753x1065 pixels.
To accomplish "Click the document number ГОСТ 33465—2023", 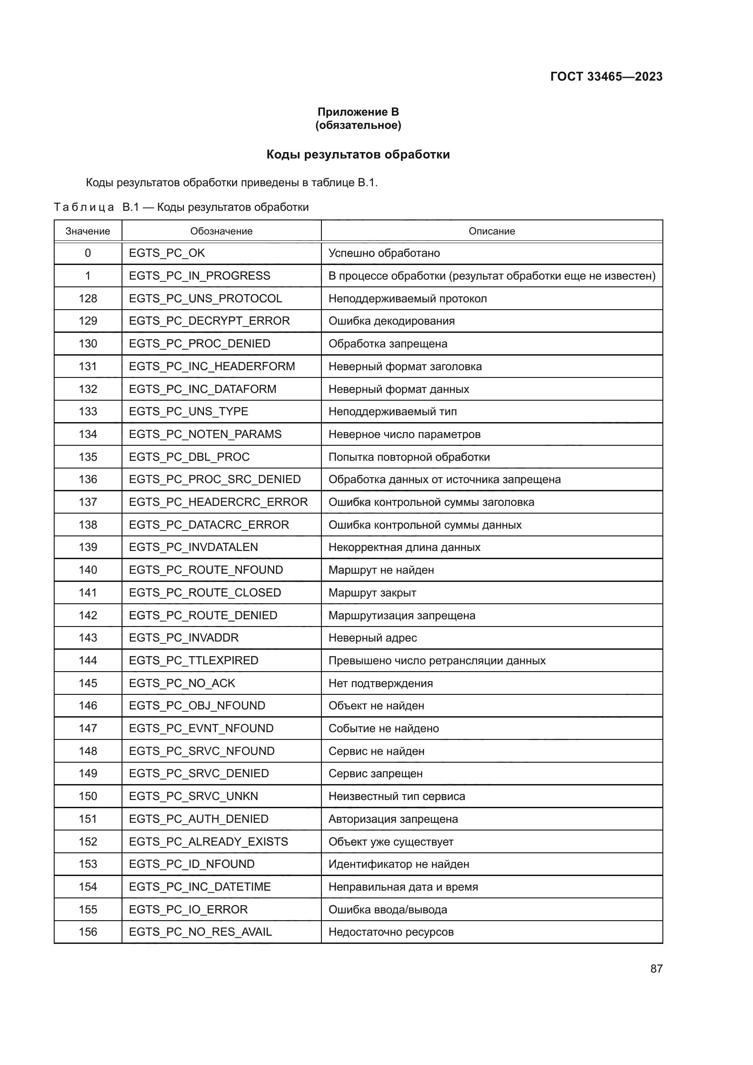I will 606,76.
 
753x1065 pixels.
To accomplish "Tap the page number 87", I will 656,968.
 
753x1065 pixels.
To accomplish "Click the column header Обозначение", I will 221,231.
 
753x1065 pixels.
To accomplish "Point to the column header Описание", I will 492,231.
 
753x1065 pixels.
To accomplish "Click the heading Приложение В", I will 358,112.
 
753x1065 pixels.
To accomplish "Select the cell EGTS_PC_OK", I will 167,253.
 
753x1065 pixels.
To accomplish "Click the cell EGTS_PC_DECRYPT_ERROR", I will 209,321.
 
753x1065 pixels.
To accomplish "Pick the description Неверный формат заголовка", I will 405,367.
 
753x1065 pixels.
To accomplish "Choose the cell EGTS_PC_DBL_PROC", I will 189,457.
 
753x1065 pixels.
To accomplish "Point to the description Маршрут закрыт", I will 372,593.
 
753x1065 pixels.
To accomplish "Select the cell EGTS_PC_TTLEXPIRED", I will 193,661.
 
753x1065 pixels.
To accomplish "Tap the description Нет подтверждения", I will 380,683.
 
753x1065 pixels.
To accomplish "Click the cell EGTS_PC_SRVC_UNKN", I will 193,796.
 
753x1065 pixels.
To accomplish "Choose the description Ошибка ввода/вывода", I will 387,910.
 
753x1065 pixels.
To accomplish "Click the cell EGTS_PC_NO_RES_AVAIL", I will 200,932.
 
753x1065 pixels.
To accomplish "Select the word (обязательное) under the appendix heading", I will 358,125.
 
